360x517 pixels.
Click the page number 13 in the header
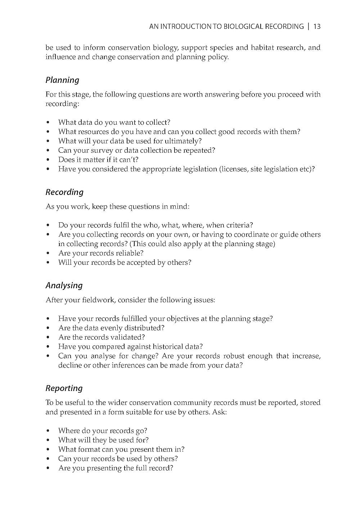tap(317, 27)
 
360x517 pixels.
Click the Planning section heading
tap(62, 80)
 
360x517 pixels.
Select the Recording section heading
tap(64, 192)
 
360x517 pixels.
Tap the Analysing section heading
tap(64, 285)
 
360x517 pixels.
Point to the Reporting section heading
tap(64, 388)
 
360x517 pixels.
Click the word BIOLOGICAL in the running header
tap(243, 27)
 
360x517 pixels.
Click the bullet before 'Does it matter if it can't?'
tap(48, 160)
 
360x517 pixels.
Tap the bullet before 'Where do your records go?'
tap(48, 431)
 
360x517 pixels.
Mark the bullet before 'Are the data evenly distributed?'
tap(48, 328)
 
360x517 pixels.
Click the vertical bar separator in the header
tap(309, 27)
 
